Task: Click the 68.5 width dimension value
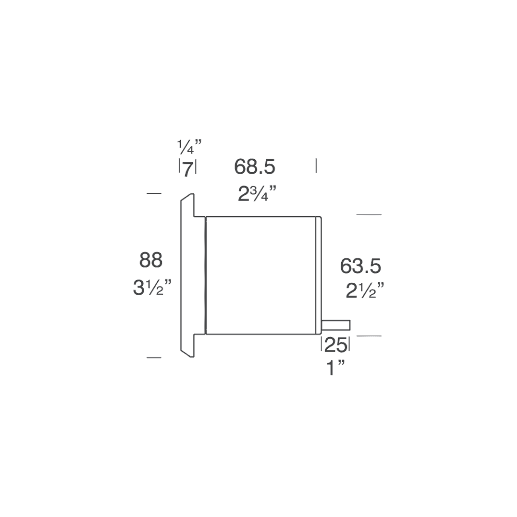click(254, 167)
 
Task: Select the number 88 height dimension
click(151, 260)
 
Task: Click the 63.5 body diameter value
click(360, 266)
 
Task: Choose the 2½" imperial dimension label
click(364, 291)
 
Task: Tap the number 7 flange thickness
click(187, 169)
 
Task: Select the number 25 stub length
click(336, 345)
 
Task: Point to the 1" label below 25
click(335, 369)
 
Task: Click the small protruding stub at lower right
click(337, 325)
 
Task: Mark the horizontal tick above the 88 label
click(154, 193)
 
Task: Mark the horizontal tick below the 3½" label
click(154, 357)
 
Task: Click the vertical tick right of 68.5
click(316, 166)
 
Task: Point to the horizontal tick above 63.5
click(369, 214)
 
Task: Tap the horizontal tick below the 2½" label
click(369, 337)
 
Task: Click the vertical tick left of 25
click(322, 344)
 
